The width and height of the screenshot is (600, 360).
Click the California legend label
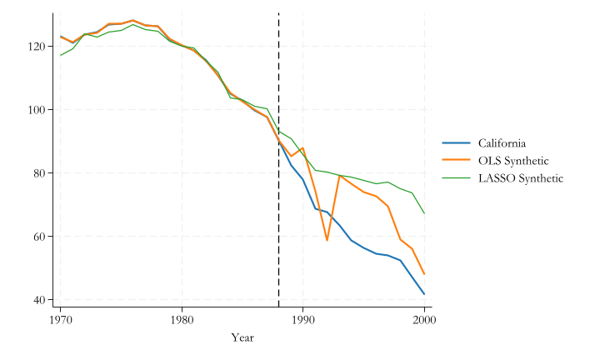[502, 142]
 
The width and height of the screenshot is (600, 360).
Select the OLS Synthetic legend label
[513, 160]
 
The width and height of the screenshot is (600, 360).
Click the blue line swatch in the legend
[456, 142]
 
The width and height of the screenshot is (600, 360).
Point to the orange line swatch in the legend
[456, 160]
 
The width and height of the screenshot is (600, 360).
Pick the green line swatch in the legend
[456, 178]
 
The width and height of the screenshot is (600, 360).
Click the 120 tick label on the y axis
[38, 46]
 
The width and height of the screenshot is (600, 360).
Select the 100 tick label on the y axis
[38, 109]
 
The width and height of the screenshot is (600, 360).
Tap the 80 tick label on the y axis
[41, 172]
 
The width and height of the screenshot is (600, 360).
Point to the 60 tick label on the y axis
[41, 236]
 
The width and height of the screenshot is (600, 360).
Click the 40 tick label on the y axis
[41, 299]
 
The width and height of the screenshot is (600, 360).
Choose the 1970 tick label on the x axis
[60, 318]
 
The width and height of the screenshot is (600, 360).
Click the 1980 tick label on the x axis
[182, 318]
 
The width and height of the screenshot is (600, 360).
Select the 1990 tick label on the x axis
[303, 318]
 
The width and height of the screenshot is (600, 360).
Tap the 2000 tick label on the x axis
[424, 318]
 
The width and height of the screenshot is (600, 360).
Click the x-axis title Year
[242, 337]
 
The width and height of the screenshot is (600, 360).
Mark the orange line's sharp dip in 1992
[327, 240]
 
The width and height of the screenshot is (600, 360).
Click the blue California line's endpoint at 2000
[424, 293]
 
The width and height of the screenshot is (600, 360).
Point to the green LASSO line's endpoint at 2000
[424, 213]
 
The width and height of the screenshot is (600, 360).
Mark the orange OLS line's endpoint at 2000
[424, 274]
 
